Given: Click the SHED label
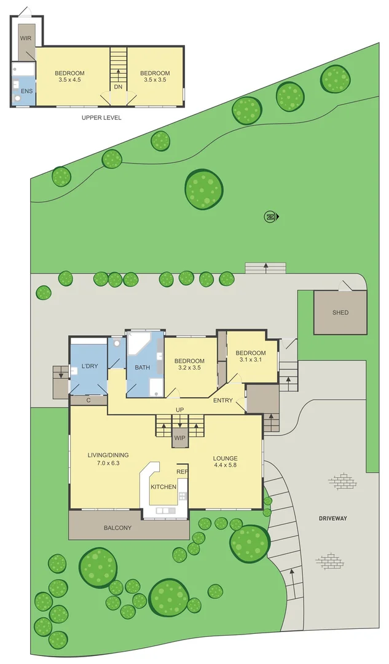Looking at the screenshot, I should tap(340, 312).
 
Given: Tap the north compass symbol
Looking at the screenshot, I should tap(270, 216).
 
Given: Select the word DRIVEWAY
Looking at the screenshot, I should tap(332, 518).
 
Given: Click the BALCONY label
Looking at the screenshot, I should tap(117, 528).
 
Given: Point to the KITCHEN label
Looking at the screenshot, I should tap(163, 487).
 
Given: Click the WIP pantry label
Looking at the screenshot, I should tap(179, 438).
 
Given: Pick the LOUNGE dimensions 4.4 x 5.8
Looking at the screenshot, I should tap(225, 467).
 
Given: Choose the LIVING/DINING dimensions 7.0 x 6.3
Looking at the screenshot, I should tap(108, 463).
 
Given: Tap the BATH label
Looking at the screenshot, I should tap(143, 368).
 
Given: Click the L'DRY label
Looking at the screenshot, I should tap(90, 367).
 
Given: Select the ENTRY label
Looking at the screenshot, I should tap(222, 401).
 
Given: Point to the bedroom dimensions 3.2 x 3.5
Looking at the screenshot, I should tap(189, 368).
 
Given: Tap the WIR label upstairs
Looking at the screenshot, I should tap(26, 38).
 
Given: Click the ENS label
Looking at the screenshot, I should tap(27, 91).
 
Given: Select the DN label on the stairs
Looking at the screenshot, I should tap(118, 87).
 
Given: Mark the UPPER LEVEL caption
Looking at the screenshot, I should tap(101, 117).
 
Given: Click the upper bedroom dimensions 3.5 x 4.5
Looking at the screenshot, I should tap(69, 80).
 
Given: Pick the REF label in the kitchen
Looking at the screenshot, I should tap(182, 472).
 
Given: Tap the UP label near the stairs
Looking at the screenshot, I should tap(179, 409).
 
